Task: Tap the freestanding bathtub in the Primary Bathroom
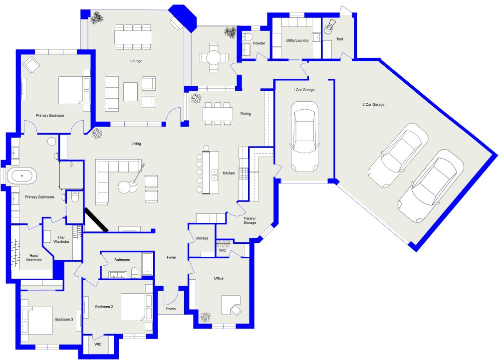pos(22,176)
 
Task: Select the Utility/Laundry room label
pos(297,40)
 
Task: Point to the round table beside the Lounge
pos(214,57)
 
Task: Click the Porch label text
pos(171,309)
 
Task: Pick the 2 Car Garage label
pos(373,105)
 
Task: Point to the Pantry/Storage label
pos(249,221)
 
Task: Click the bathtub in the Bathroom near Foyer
pos(147,264)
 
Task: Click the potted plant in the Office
pos(205,317)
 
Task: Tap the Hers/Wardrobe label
pos(33,258)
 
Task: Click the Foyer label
pos(171,257)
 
